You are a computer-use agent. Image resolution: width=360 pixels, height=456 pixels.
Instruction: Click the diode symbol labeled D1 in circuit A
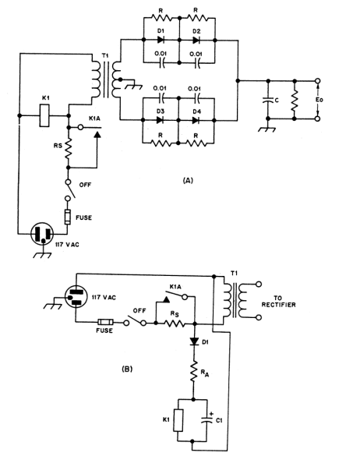tap(161, 40)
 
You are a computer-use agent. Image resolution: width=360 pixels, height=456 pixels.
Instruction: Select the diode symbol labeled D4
tap(196, 120)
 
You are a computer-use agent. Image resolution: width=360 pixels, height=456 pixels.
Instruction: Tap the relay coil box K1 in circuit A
tap(44, 115)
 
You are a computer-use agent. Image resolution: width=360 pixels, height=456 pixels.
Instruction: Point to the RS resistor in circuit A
tap(68, 149)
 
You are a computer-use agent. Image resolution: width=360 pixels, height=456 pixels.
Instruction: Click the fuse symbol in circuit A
tap(68, 217)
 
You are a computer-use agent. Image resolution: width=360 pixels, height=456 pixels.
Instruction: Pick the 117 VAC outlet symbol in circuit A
tap(42, 234)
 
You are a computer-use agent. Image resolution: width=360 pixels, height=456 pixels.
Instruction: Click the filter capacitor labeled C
tap(268, 100)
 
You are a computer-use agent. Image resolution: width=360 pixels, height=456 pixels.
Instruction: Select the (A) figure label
tap(188, 181)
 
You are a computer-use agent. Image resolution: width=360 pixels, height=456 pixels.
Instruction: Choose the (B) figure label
tap(127, 369)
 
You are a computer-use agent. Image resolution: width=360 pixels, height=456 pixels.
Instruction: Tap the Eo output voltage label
tap(319, 100)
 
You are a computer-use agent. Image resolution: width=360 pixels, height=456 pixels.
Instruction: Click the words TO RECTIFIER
tap(278, 302)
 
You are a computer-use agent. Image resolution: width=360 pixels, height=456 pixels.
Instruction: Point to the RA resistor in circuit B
tap(194, 371)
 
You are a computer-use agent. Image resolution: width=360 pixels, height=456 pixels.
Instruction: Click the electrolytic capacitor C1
tap(206, 420)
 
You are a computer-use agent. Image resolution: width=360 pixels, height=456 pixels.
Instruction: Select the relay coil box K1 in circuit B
tap(178, 420)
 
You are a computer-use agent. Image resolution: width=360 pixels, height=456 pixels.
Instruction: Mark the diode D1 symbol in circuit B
tap(194, 341)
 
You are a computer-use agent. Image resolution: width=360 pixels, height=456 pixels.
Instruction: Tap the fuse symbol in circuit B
tap(105, 322)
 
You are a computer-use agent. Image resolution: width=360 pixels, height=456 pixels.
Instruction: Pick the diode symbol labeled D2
tap(196, 40)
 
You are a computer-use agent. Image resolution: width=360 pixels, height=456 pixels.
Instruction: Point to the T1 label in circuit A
tap(105, 56)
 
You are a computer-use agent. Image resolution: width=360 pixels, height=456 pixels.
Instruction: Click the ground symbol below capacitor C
tap(266, 129)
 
